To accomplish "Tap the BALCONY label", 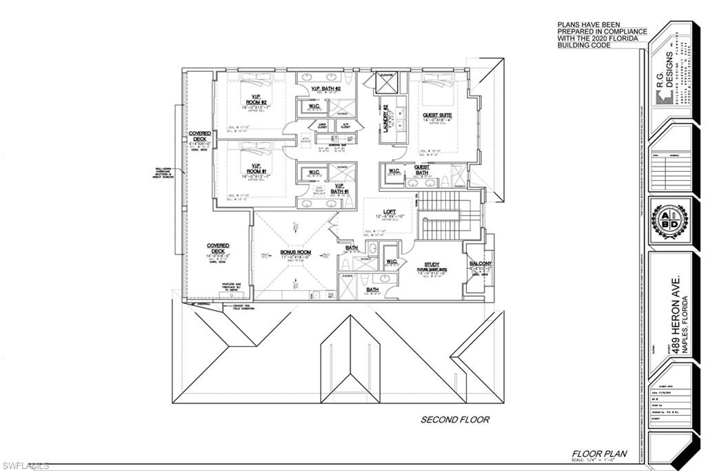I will pos(480,264).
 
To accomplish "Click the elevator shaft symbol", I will pos(386,84).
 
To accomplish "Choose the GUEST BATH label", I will pos(421,170).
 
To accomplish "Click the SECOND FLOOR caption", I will pos(456,419).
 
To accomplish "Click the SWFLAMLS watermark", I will pos(26,465).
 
